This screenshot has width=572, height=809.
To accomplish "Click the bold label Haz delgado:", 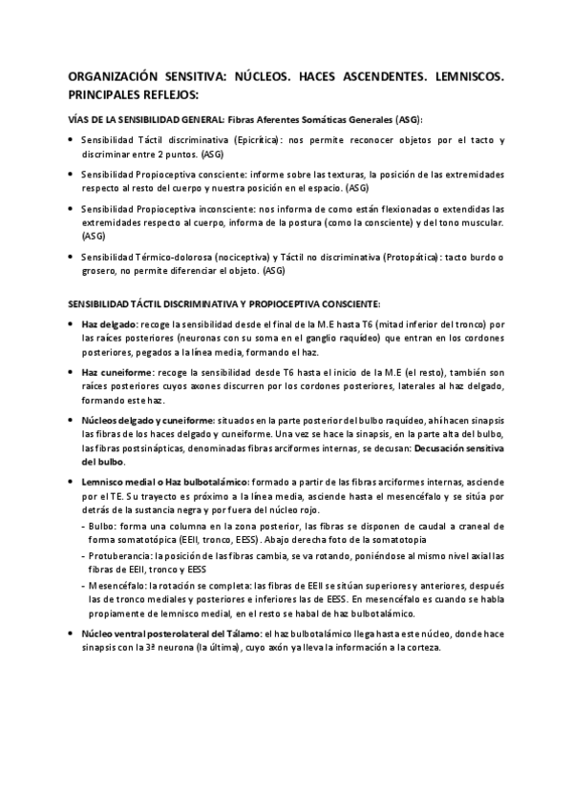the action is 110,324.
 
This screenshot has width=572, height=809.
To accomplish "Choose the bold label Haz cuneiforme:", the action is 118,371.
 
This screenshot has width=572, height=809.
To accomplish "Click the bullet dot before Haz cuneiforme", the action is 74,371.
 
